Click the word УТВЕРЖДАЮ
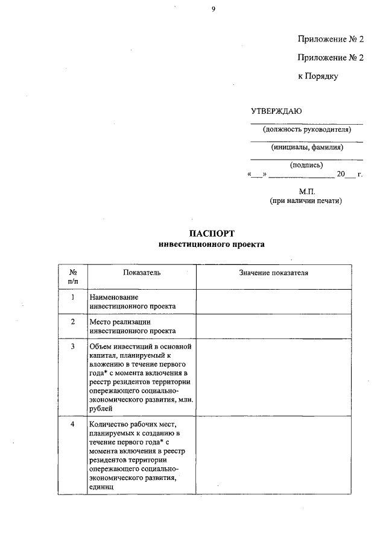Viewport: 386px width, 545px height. tap(276, 111)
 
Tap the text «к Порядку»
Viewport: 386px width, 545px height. tap(318, 76)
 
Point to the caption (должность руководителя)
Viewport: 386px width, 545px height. tap(306, 129)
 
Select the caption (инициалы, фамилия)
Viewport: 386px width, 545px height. tap(306, 147)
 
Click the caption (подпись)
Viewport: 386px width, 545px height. tap(306, 164)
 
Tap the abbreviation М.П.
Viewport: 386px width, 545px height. tap(306, 191)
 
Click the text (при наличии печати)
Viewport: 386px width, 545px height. tap(306, 201)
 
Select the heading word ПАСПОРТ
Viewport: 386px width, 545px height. tap(210, 234)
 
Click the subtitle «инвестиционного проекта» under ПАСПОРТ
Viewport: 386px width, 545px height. tap(210, 245)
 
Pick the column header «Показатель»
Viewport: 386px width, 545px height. tap(142, 273)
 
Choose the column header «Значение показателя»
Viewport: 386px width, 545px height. tap(273, 273)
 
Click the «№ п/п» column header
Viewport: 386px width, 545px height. tap(73, 277)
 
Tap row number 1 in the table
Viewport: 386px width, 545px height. tap(73, 297)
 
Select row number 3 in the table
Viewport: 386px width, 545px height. tap(73, 346)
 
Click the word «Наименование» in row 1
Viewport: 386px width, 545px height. tap(113, 297)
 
